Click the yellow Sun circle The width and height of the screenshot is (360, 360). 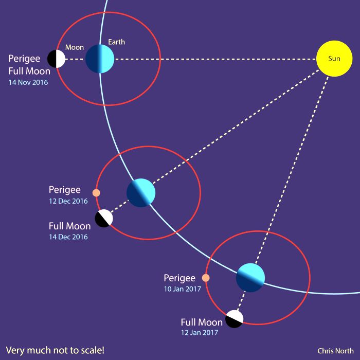click(334, 59)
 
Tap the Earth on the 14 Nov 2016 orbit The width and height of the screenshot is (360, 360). click(100, 59)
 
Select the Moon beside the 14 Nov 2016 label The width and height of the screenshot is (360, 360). click(56, 59)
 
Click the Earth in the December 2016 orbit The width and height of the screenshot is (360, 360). click(141, 193)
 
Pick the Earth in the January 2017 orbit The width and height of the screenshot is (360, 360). click(250, 278)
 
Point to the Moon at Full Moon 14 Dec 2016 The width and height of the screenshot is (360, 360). click(104, 219)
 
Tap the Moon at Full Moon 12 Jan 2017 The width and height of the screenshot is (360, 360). click(234, 319)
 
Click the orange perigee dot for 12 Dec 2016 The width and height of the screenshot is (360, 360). click(96, 193)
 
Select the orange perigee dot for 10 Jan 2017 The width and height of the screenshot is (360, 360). click(206, 278)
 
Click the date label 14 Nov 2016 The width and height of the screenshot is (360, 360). click(28, 82)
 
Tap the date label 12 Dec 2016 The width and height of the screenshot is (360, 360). click(68, 201)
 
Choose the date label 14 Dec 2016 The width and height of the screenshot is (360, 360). click(68, 237)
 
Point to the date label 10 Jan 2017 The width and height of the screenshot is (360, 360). click(182, 289)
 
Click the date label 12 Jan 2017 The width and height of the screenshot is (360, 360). click(200, 332)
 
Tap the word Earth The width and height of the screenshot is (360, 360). click(117, 42)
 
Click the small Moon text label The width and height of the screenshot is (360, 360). click(75, 47)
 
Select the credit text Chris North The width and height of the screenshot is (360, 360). click(335, 351)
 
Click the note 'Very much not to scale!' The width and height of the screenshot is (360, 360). click(55, 350)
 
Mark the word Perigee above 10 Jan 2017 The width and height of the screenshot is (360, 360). click(179, 278)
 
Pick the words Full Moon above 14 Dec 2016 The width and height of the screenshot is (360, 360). click(69, 226)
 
